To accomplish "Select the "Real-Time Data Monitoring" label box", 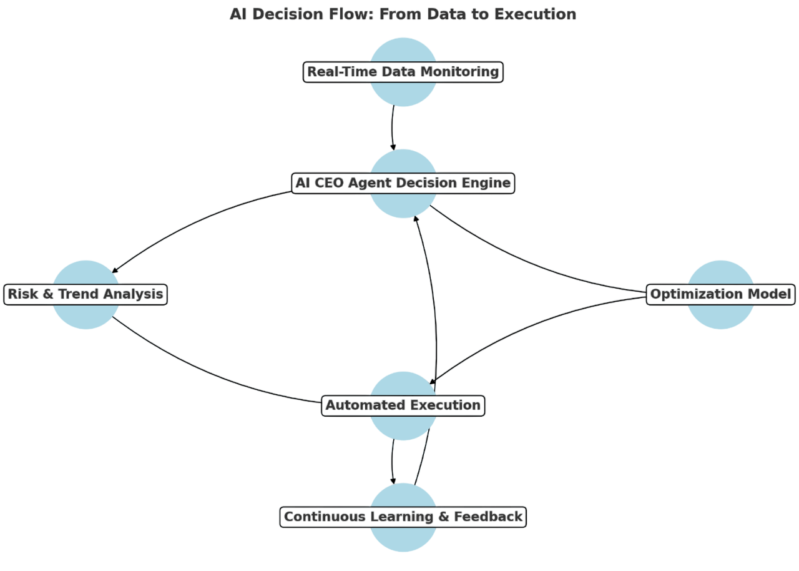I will coord(403,72).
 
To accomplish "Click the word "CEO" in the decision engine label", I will coord(338,183).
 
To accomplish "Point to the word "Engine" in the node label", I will coord(486,183).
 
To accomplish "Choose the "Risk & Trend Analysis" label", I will coord(86,294).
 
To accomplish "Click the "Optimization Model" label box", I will coord(720,294).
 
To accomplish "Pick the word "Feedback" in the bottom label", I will coord(488,517).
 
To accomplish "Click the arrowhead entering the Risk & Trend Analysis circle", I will coord(114,270).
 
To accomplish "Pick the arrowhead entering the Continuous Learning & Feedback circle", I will coord(393,480).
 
